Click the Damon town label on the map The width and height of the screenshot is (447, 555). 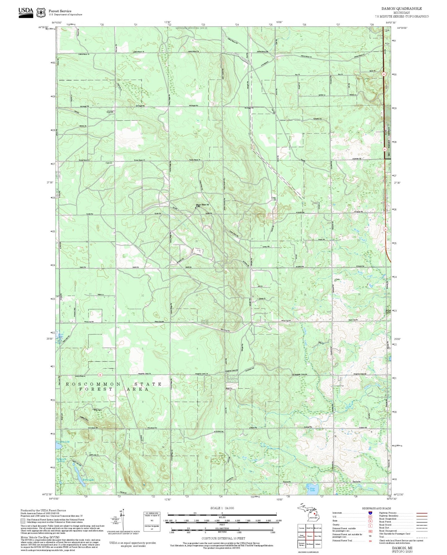point(110,112)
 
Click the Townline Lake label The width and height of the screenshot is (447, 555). point(63,442)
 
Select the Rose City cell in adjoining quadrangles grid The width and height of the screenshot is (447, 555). point(317,536)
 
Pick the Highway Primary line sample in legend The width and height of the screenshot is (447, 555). point(422,513)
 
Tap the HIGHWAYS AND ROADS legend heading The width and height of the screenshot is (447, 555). point(376,508)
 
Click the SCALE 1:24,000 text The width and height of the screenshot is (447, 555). point(222,508)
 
